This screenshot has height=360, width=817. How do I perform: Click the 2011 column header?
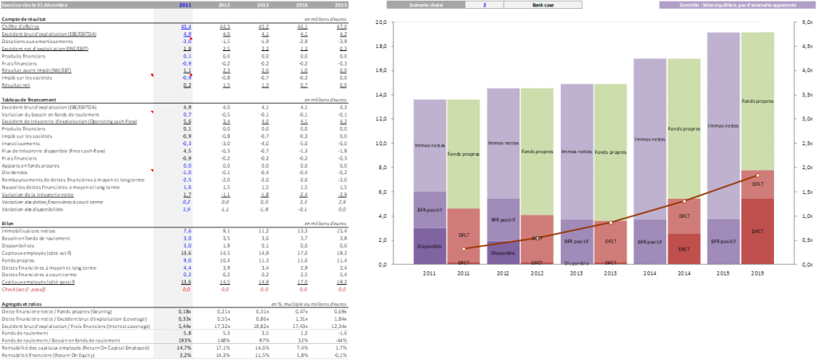(x=184, y=5)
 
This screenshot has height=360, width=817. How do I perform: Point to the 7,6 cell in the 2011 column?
(x=186, y=230)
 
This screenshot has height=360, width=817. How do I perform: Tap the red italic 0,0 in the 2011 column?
(x=186, y=288)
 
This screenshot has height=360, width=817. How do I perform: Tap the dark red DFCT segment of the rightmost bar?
(x=757, y=231)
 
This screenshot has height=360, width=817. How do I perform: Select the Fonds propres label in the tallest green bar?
(x=757, y=101)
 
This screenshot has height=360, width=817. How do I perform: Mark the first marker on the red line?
(x=464, y=249)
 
